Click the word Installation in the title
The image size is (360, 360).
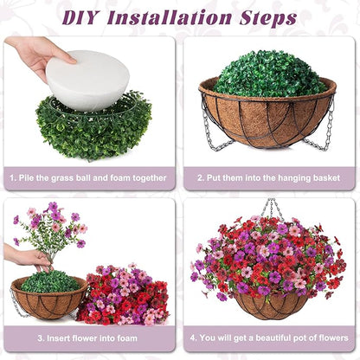point(178,17)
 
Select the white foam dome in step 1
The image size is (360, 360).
point(86,80)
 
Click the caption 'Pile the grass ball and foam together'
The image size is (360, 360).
point(89,178)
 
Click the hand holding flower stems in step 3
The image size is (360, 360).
point(26,257)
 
